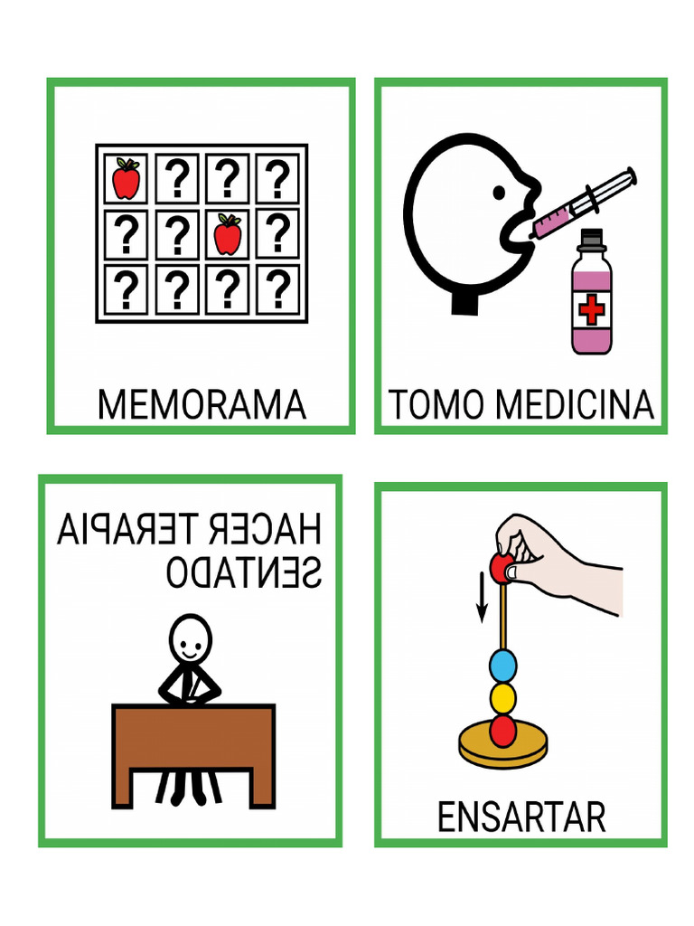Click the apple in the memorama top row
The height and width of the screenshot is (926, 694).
[x=127, y=179]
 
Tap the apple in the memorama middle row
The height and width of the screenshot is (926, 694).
[x=228, y=234]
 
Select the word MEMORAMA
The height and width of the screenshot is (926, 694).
[x=202, y=405]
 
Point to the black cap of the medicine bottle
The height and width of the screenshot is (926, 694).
[x=591, y=240]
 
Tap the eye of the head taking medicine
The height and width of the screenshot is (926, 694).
[x=499, y=193]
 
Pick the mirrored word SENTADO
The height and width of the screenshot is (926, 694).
[x=244, y=572]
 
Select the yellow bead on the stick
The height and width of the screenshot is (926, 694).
[x=502, y=698]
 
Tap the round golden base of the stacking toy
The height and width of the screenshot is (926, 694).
[x=503, y=747]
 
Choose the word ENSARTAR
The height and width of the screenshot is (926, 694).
[x=520, y=817]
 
